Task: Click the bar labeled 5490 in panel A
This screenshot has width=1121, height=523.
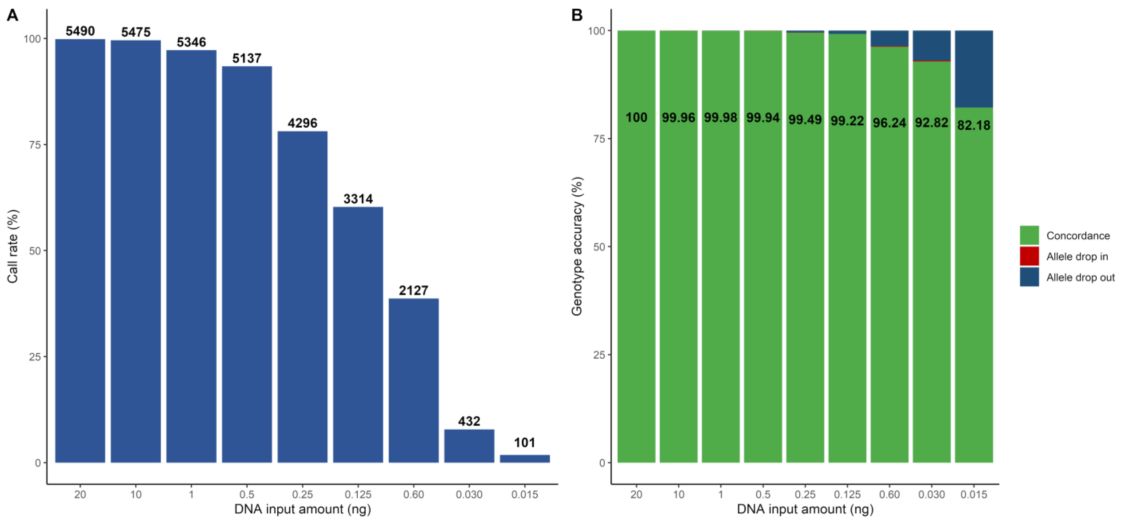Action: [80, 251]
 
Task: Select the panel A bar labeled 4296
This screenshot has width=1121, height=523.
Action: [302, 296]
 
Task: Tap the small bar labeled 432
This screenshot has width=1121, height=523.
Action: [469, 446]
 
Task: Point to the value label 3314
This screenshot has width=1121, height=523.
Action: [358, 199]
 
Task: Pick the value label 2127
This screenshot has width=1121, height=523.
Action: [413, 290]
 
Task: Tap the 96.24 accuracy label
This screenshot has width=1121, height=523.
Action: [889, 123]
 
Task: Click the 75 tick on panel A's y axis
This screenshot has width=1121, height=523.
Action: [35, 145]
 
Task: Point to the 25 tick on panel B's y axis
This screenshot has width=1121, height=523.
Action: [599, 355]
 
